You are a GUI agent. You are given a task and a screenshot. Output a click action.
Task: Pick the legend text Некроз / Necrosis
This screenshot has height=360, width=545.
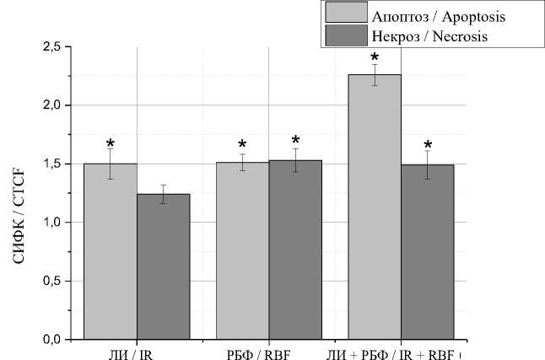[429, 36]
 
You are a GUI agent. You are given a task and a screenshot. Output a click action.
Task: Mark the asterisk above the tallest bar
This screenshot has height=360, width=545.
[375, 55]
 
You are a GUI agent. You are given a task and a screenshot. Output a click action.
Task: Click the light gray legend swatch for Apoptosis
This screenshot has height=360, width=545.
[344, 13]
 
